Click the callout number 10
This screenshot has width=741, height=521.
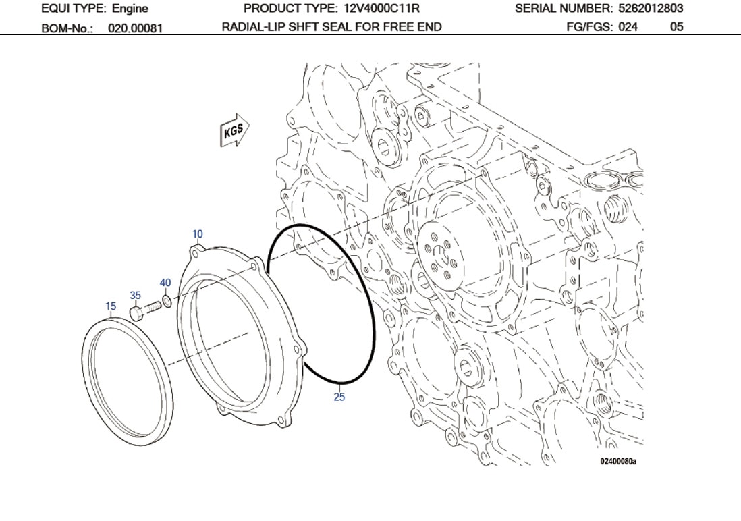click(197, 234)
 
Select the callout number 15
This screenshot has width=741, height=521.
click(111, 306)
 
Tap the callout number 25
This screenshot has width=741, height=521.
click(339, 397)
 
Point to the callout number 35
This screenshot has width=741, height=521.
click(136, 296)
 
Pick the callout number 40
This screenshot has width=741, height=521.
click(165, 283)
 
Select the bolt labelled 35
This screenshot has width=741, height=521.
click(145, 310)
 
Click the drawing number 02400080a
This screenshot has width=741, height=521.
click(617, 462)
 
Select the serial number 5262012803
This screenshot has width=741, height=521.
click(651, 9)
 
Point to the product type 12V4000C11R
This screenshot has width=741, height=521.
click(382, 9)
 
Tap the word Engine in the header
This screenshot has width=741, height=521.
click(130, 9)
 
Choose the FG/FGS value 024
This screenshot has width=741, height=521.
click(627, 27)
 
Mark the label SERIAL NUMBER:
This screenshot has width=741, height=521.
click(564, 9)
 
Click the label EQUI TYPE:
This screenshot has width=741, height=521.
click(72, 9)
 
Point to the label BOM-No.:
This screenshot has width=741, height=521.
click(67, 28)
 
